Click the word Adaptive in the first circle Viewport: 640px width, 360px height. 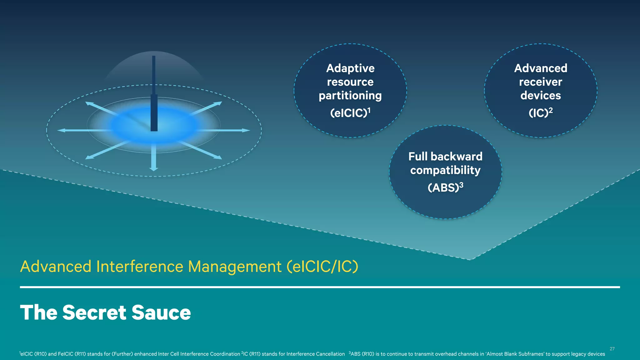[x=350, y=68]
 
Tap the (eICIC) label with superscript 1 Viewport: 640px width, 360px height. [x=350, y=112]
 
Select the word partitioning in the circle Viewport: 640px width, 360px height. [x=350, y=96]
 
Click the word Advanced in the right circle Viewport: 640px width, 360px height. [x=540, y=68]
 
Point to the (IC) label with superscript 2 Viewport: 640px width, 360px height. [x=540, y=112]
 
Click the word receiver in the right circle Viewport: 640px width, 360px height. [x=540, y=82]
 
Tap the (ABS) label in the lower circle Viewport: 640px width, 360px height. [x=445, y=187]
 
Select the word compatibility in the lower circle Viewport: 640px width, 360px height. [x=445, y=170]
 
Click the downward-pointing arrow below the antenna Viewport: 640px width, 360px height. [x=153, y=159]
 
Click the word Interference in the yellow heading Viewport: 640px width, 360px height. [x=140, y=267]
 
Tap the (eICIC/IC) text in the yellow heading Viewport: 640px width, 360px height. [x=322, y=267]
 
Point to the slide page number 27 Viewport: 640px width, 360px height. [x=612, y=349]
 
